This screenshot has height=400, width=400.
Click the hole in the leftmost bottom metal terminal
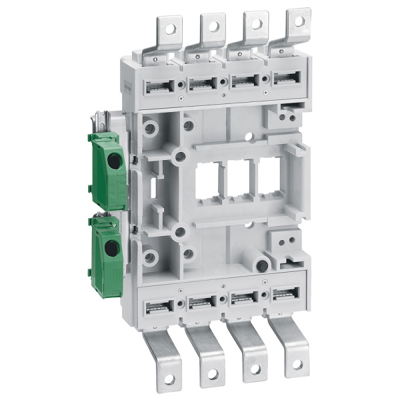[168, 379]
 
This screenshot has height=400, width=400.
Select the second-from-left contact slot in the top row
[201, 85]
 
